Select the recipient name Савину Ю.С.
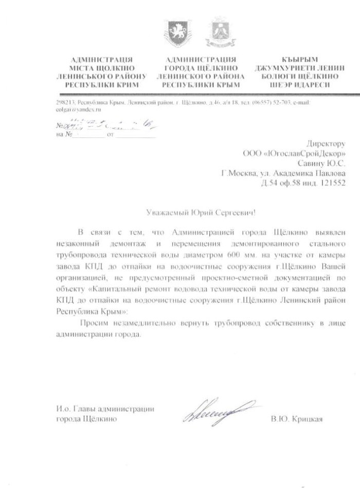click(x=322, y=163)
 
